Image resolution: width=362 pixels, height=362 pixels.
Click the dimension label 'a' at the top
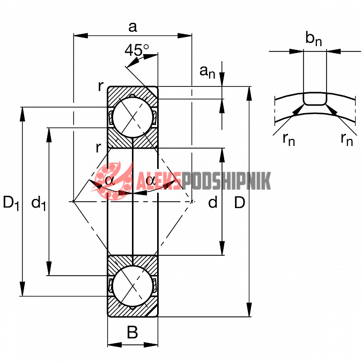click(x=133, y=27)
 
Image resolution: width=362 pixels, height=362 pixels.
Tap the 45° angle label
click(x=137, y=50)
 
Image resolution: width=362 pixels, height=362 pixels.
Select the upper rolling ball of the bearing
click(x=132, y=117)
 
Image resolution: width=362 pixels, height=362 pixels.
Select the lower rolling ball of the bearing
click(x=132, y=286)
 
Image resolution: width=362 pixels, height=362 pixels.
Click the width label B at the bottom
click(x=132, y=332)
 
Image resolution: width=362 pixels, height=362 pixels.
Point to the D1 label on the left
click(x=11, y=203)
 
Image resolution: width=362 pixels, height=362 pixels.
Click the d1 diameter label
click(x=39, y=203)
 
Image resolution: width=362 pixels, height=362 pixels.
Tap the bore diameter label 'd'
click(x=213, y=202)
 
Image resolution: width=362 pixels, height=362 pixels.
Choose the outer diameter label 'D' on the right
click(x=240, y=203)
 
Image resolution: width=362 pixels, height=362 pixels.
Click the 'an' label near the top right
click(x=208, y=72)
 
